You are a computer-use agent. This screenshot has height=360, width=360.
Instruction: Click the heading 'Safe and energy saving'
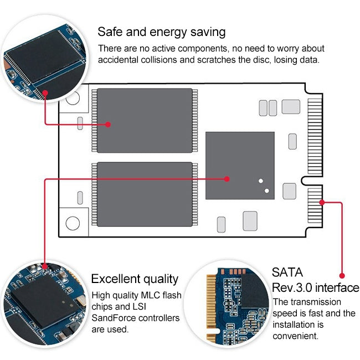pyautogui.click(x=161, y=32)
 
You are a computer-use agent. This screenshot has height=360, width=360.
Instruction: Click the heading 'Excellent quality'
pyautogui.click(x=135, y=279)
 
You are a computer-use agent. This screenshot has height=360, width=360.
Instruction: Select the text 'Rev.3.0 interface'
pyautogui.click(x=315, y=288)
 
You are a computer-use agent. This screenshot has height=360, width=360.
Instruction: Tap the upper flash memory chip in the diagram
pyautogui.click(x=145, y=120)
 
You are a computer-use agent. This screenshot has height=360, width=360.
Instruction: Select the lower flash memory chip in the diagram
pyautogui.click(x=145, y=194)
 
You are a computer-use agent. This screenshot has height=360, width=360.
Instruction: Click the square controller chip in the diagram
pyautogui.click(x=240, y=165)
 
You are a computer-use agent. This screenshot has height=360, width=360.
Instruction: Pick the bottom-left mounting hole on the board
pyautogui.click(x=73, y=223)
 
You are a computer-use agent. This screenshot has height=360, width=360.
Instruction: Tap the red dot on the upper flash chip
pyautogui.click(x=108, y=125)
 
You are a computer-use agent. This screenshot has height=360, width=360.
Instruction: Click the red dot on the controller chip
pyautogui.click(x=227, y=179)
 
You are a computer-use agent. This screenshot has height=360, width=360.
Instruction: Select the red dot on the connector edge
pyautogui.click(x=321, y=202)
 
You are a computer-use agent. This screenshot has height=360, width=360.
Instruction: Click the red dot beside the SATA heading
pyautogui.click(x=342, y=275)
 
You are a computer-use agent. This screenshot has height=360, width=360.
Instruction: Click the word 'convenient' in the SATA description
pyautogui.click(x=296, y=336)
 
